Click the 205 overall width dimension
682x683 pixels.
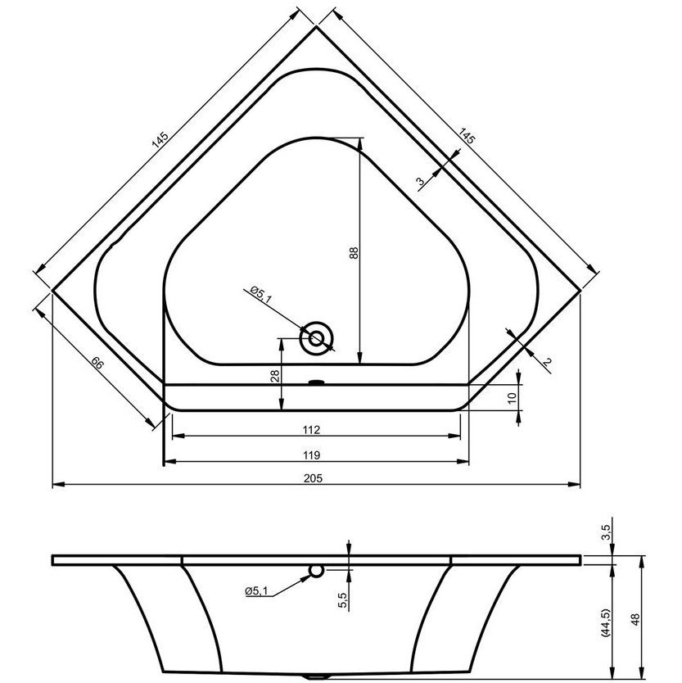tap(313, 478)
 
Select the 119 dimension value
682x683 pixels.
tap(312, 455)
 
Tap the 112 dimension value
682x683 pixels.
tap(312, 430)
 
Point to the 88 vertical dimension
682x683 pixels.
tap(354, 253)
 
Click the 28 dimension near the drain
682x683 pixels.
tap(275, 375)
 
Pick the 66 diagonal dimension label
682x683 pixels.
tap(97, 363)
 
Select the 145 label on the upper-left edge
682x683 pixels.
tap(160, 139)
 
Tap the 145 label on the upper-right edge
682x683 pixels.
tap(467, 136)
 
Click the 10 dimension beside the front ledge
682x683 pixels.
tap(512, 397)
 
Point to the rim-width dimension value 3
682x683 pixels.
tap(420, 181)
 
